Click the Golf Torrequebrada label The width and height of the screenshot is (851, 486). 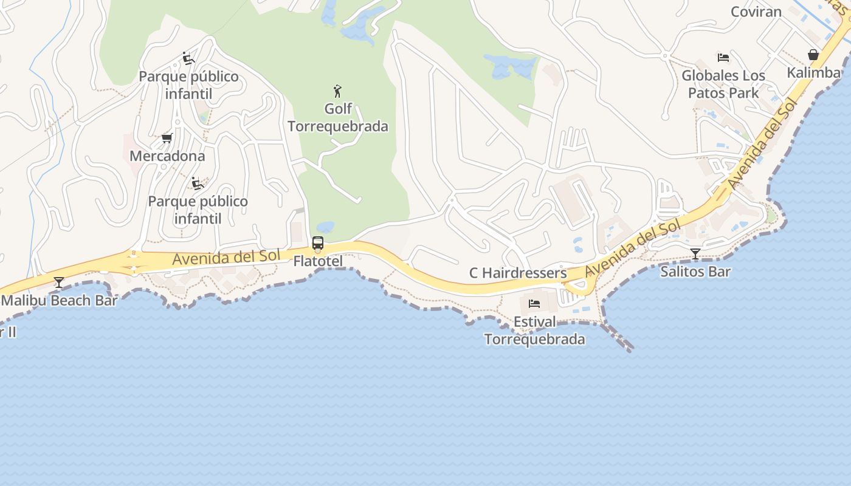(337, 118)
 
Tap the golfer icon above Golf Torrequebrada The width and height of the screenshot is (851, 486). (337, 92)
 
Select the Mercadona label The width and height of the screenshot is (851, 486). (167, 156)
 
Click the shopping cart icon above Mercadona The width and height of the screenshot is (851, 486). (167, 139)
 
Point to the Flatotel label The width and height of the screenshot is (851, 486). (318, 261)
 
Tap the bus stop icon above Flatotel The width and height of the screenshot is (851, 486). (318, 244)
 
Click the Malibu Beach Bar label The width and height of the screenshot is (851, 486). (60, 300)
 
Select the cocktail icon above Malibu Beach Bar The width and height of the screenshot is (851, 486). (59, 282)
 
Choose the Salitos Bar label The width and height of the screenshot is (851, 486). (695, 272)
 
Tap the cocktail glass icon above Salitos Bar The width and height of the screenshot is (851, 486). (695, 254)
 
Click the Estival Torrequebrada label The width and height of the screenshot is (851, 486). (534, 330)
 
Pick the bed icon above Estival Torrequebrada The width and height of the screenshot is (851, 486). (534, 303)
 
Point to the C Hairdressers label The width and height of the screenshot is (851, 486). (518, 273)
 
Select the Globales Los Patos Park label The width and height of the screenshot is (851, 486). (723, 84)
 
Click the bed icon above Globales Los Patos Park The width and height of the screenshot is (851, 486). (723, 58)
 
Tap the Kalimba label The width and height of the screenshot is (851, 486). (813, 73)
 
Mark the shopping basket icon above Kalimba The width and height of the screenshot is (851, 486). (813, 55)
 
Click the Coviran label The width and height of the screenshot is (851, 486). (756, 12)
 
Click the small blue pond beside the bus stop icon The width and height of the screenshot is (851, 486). (325, 227)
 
